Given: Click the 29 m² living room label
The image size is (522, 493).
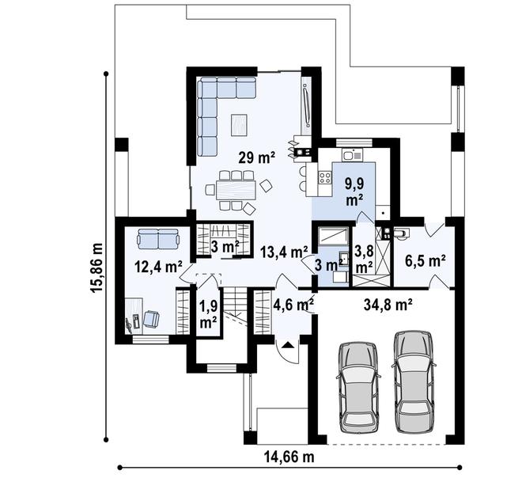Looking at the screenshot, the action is [x=257, y=157].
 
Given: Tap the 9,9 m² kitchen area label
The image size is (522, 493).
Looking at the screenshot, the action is [x=354, y=192].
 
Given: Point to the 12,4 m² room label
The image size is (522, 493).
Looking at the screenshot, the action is [x=158, y=267].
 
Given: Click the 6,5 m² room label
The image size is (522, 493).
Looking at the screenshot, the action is [x=426, y=261].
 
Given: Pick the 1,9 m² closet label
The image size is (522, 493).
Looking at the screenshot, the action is [x=208, y=314].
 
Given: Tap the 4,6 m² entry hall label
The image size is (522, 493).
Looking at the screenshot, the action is [x=293, y=304].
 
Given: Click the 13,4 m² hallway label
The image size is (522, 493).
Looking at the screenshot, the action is [x=284, y=252].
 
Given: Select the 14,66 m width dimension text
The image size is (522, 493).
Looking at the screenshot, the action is [x=289, y=457].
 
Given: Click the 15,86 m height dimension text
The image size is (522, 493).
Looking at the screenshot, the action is [x=97, y=267].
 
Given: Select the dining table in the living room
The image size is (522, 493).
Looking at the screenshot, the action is [x=236, y=190].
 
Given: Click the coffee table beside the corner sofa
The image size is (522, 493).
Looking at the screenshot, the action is [x=239, y=125].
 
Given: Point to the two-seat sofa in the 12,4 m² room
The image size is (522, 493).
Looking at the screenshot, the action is [x=158, y=238].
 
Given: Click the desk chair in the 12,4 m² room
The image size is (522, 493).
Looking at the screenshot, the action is [x=151, y=319].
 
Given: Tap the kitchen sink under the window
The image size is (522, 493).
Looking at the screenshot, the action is [x=351, y=155].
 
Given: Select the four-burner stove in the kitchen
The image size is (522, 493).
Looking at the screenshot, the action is [x=325, y=178].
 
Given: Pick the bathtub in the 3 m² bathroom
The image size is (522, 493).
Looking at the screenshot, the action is [x=333, y=236].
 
